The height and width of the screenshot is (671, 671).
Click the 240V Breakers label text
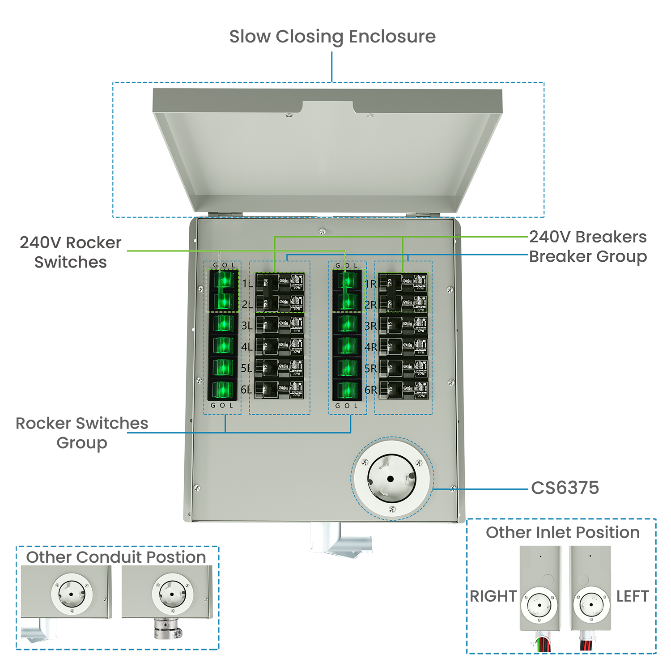[x=587, y=237]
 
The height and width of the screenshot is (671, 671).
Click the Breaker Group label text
[x=587, y=256]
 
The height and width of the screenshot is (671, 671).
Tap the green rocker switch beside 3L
[x=223, y=323]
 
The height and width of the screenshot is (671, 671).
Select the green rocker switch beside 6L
[x=222, y=389]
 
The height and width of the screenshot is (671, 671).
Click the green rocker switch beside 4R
[x=347, y=346]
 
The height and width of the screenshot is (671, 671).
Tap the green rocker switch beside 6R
[x=347, y=390]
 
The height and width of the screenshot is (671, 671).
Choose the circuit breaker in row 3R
[x=403, y=325]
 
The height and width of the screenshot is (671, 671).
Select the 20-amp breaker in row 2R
[x=403, y=304]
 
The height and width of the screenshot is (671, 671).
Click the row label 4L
[x=246, y=347]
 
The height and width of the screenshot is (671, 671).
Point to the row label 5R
[x=370, y=368]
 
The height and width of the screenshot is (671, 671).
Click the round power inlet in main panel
[x=391, y=479]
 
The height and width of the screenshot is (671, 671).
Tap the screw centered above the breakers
[x=323, y=231]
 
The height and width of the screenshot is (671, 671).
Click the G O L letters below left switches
[x=222, y=405]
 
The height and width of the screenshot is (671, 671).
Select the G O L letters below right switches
[x=347, y=406]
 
